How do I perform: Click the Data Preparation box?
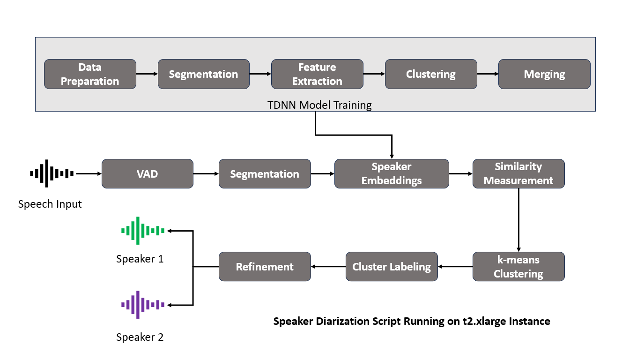90,74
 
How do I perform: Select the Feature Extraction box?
317,74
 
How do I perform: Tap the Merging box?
544,74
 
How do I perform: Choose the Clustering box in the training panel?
431,74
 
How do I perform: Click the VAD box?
148,174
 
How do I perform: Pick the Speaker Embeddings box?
392,174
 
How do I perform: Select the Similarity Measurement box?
518,174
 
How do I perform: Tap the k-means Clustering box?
518,267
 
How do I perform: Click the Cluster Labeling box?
392,267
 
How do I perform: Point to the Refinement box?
265,267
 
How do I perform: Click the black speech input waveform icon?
52,173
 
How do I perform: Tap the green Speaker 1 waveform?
143,230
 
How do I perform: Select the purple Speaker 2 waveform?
143,305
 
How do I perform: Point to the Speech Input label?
50,204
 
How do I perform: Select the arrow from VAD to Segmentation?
206,174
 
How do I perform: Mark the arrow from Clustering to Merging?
488,74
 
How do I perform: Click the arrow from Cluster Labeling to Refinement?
328,267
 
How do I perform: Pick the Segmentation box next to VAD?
265,174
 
